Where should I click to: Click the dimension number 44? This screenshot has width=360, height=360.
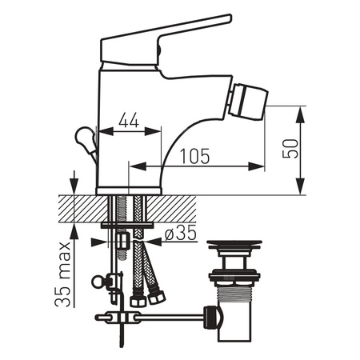129,120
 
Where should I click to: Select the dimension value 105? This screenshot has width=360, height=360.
195,156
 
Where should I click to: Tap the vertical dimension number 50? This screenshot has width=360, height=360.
290,148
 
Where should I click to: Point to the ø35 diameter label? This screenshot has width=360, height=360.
181,233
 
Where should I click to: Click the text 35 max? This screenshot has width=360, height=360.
63,274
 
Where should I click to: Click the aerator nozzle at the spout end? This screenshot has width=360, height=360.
250,102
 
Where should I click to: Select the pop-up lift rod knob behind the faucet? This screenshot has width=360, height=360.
86,141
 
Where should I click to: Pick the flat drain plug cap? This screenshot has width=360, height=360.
234,244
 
